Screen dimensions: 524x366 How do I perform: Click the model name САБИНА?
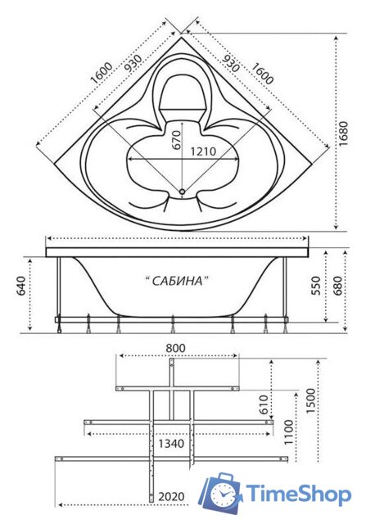point(177,281)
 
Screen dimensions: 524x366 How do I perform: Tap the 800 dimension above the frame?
point(175,348)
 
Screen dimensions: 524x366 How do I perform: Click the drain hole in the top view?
point(182,193)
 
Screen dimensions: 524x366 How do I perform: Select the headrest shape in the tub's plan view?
point(182,95)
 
